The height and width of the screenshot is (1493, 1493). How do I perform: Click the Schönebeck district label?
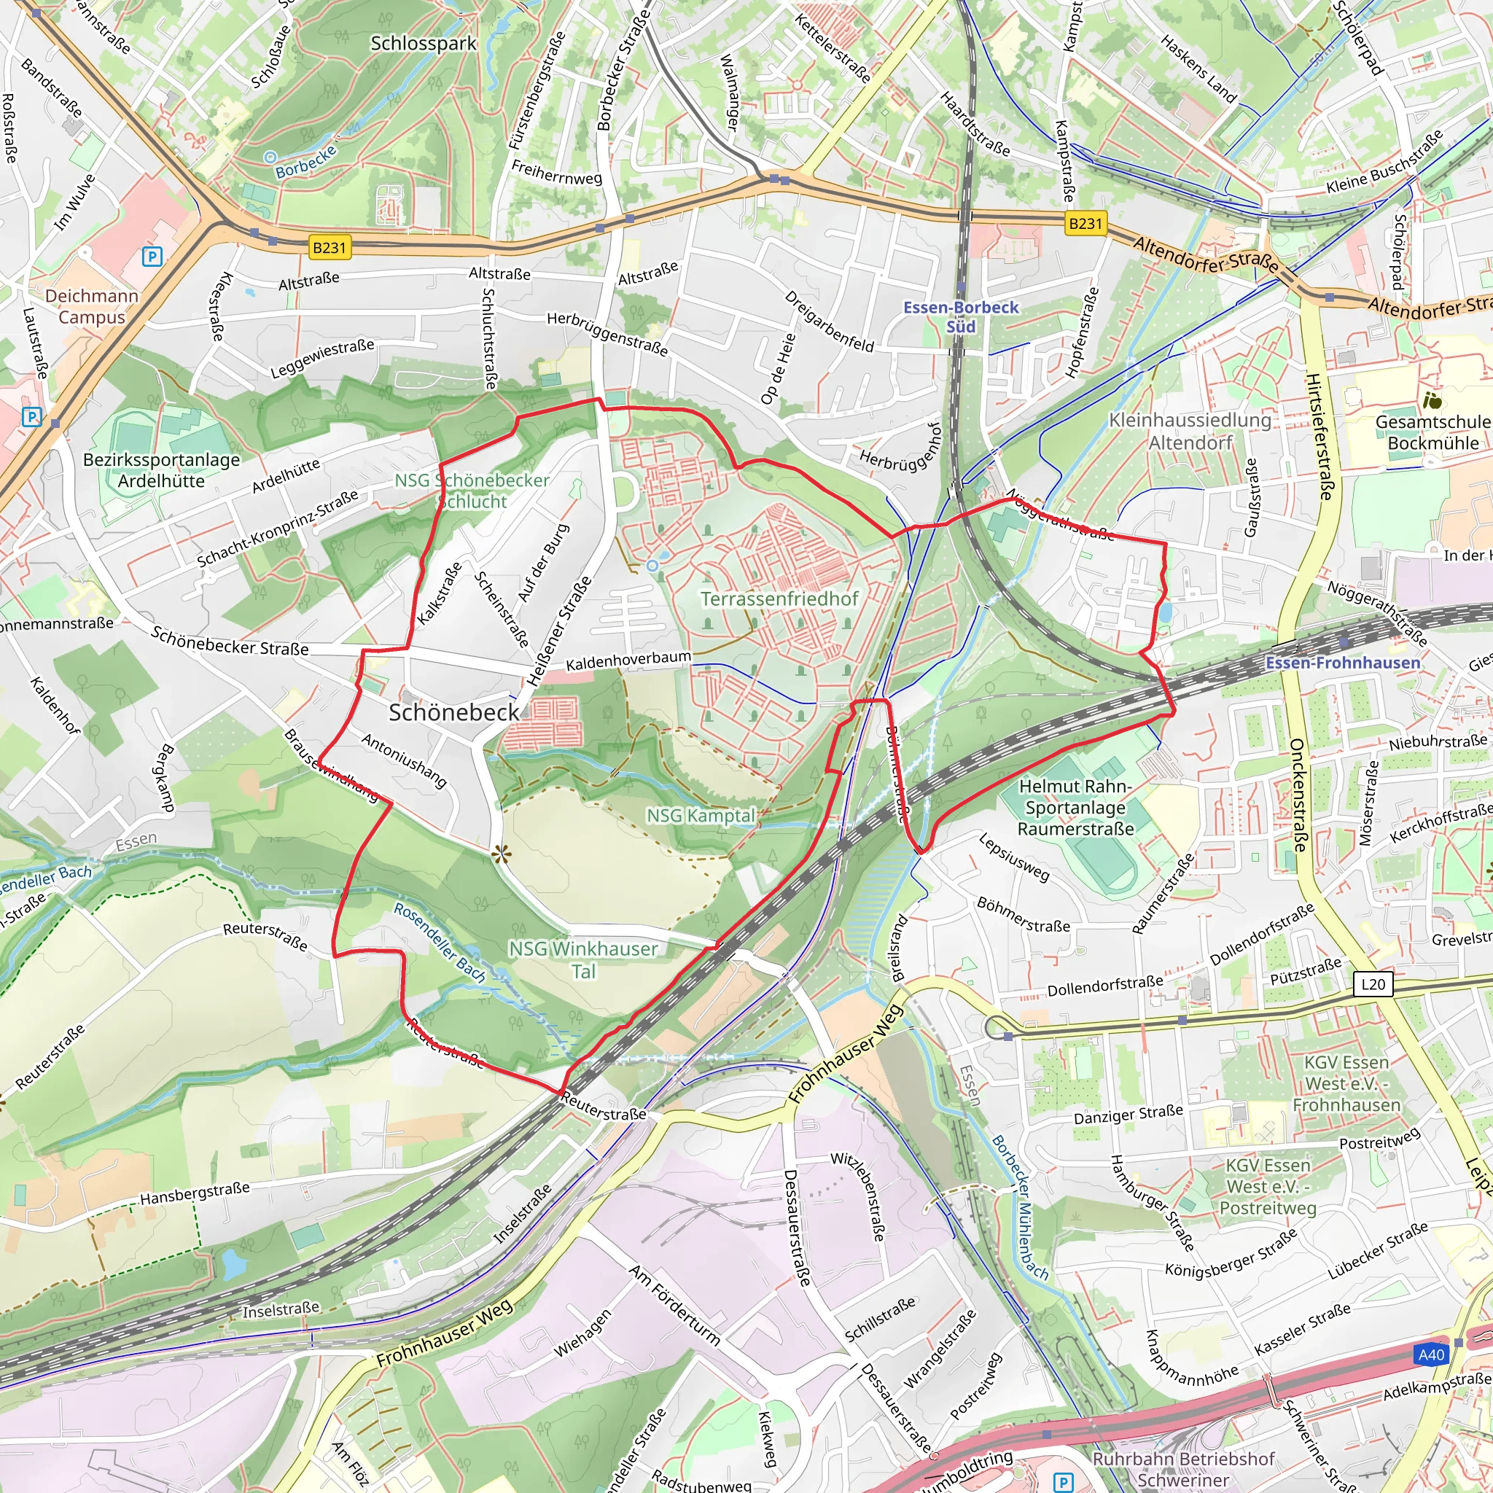pyautogui.click(x=453, y=712)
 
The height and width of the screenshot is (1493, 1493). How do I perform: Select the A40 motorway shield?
pyautogui.click(x=1431, y=1376)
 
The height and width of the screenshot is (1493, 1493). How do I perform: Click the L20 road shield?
pyautogui.click(x=1373, y=983)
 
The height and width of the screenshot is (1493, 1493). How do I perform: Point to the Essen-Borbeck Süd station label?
pyautogui.click(x=961, y=317)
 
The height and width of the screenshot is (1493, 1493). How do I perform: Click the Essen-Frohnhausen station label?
pyautogui.click(x=1342, y=663)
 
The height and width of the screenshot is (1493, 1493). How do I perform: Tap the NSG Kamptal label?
pyautogui.click(x=700, y=815)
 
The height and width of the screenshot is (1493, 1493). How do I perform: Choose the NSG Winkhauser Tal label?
pyautogui.click(x=583, y=959)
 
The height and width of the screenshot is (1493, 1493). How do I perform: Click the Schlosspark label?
pyautogui.click(x=424, y=43)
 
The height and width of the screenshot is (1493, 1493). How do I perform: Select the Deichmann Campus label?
pyautogui.click(x=91, y=307)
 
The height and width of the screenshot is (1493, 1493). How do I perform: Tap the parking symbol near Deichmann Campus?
pyautogui.click(x=152, y=257)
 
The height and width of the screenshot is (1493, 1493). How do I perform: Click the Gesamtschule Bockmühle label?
pyautogui.click(x=1432, y=433)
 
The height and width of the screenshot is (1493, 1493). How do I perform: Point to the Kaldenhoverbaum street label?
pyautogui.click(x=628, y=661)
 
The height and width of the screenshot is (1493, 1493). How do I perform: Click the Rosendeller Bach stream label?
pyautogui.click(x=440, y=943)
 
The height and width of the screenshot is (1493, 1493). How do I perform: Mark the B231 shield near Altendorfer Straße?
pyautogui.click(x=1085, y=223)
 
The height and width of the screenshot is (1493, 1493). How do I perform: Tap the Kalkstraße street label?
pyautogui.click(x=439, y=593)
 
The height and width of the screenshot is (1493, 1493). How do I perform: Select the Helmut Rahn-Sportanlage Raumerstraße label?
pyautogui.click(x=1075, y=808)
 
